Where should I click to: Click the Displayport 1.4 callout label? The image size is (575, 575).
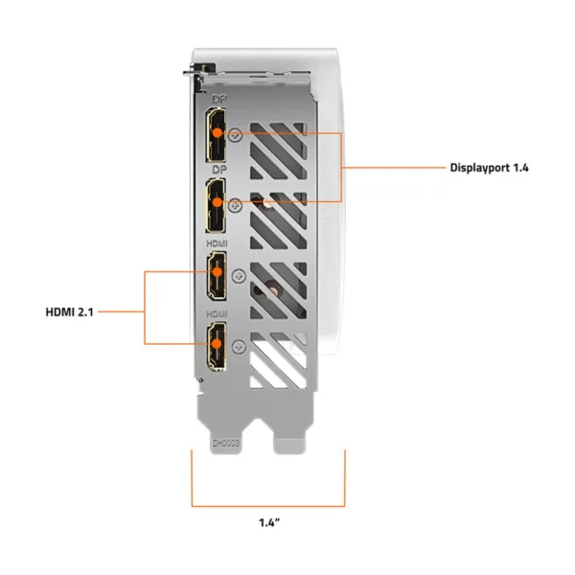[489, 168]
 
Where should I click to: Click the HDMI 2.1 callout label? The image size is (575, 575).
[69, 312]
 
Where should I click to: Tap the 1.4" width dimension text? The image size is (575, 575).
[269, 522]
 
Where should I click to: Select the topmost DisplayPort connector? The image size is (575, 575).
[216, 134]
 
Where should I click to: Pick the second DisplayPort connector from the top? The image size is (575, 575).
[216, 205]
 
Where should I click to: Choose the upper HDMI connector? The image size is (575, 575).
[217, 275]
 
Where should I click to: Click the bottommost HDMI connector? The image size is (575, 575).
[217, 347]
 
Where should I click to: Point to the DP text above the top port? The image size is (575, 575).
[219, 99]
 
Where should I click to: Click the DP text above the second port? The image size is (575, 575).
[219, 170]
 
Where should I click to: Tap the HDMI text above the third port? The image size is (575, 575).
[217, 243]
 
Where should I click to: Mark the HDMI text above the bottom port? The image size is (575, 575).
[217, 314]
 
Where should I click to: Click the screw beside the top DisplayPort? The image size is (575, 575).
[236, 135]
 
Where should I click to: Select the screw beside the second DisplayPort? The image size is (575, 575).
[236, 205]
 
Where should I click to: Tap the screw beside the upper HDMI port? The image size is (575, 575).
[239, 276]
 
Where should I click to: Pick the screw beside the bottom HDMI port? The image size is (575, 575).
[239, 347]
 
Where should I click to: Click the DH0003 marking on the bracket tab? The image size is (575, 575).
[226, 444]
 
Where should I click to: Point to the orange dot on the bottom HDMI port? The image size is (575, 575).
[218, 344]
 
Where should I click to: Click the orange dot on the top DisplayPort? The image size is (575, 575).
[218, 133]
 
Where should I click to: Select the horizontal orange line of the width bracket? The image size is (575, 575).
[268, 506]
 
